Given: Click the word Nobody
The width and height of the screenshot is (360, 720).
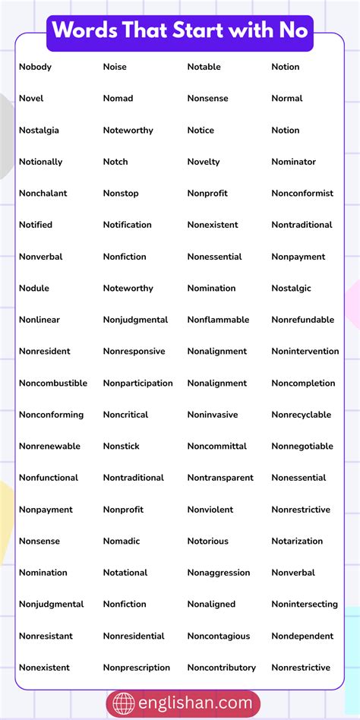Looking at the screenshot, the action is click(35, 67).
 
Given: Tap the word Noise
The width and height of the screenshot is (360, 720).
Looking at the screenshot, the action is click(115, 67).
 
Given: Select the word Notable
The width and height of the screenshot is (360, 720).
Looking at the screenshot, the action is click(204, 67).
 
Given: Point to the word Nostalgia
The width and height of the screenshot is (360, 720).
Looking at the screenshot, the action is click(39, 130).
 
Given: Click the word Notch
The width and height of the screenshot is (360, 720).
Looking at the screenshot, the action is click(115, 162).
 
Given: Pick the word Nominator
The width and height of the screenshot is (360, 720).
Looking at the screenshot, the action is click(293, 162).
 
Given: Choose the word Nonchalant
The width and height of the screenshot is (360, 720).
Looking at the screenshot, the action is click(43, 193).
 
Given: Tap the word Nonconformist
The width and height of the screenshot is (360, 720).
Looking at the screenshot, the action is click(302, 193).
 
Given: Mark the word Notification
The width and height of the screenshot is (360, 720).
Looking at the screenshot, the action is click(127, 225).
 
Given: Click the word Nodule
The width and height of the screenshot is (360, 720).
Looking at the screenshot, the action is click(34, 288).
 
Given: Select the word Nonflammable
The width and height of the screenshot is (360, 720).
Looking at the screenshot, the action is click(218, 320).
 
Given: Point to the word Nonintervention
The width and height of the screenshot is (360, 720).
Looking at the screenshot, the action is click(305, 351).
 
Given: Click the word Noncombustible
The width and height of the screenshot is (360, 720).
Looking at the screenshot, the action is click(53, 383).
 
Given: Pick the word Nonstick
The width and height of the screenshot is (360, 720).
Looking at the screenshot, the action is click(122, 446).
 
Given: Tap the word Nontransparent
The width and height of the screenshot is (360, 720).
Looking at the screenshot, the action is click(220, 478).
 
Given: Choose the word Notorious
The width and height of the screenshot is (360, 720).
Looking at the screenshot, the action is click(207, 541).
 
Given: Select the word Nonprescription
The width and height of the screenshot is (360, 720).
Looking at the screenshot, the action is click(137, 668).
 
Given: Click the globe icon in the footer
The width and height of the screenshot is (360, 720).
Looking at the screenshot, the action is click(124, 704).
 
